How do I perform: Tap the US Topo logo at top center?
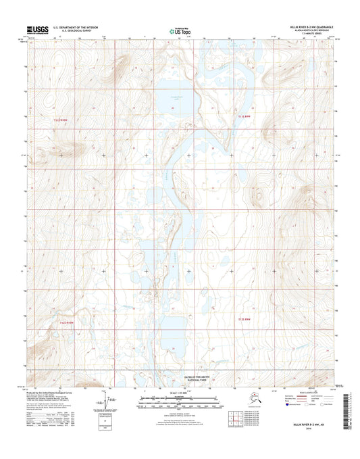180,30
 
